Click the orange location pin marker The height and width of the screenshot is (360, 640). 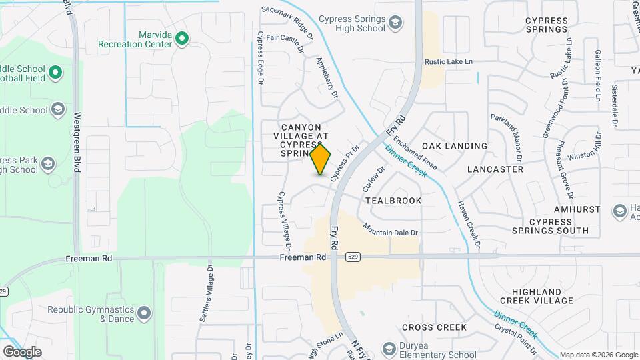321,159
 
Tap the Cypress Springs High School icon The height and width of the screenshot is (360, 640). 396,24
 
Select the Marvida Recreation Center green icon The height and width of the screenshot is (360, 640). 181,39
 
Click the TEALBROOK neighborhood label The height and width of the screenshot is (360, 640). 393,200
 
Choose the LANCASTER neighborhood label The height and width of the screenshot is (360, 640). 495,169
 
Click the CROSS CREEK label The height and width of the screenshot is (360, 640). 434,327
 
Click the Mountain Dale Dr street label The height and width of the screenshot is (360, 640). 391,228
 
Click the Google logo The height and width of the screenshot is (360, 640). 22,351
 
